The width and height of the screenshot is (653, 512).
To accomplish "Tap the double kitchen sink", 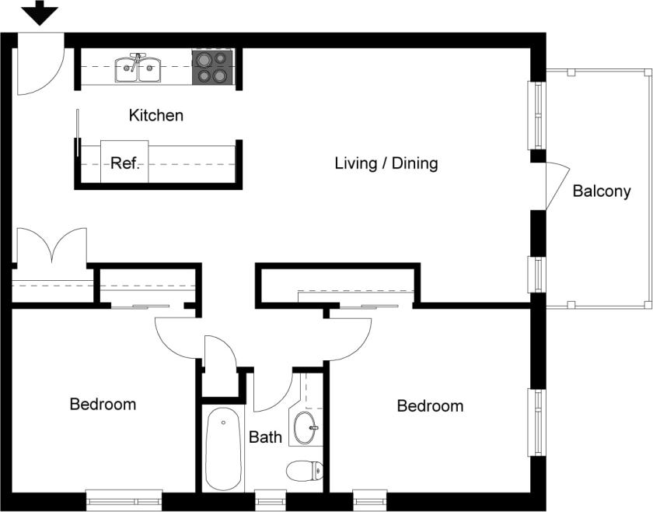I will pyautogui.click(x=138, y=68).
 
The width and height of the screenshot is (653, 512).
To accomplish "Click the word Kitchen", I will pyautogui.click(x=156, y=116).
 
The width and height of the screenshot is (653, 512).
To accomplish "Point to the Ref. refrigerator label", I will pyautogui.click(x=124, y=163).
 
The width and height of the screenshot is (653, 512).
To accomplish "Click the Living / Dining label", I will pyautogui.click(x=386, y=163).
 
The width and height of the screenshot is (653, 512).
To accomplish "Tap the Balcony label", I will pyautogui.click(x=601, y=191).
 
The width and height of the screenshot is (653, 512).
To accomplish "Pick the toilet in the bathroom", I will pyautogui.click(x=305, y=471).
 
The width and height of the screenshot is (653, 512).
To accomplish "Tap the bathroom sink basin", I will pyautogui.click(x=305, y=427).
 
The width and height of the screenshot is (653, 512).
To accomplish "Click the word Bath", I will pyautogui.click(x=265, y=437).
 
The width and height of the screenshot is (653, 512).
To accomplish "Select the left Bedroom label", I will pyautogui.click(x=103, y=405).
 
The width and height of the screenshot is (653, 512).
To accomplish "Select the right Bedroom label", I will pyautogui.click(x=430, y=406).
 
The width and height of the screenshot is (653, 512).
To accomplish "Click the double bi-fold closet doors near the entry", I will pyautogui.click(x=51, y=247).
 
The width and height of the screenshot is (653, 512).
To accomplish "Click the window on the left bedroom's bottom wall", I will pyautogui.click(x=124, y=499).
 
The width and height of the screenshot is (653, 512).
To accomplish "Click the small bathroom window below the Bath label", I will pyautogui.click(x=270, y=499).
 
